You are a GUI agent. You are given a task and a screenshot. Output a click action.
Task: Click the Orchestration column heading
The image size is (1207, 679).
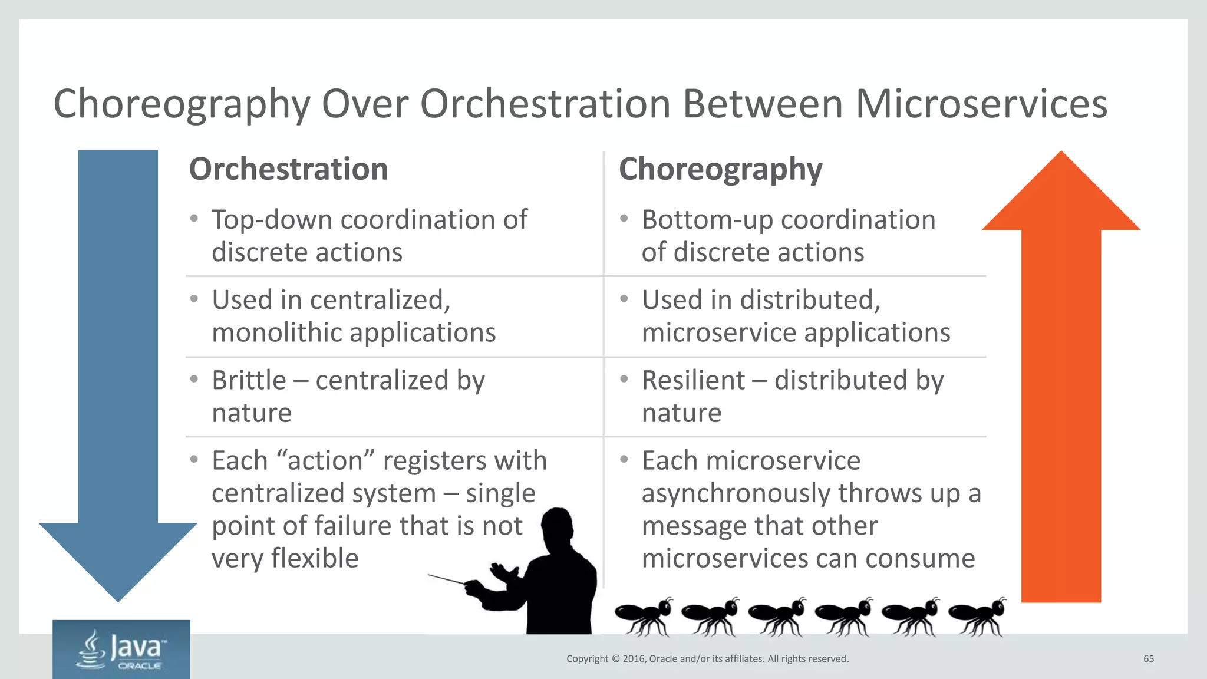tap(288, 169)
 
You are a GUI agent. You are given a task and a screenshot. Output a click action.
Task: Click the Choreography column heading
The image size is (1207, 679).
tap(720, 170)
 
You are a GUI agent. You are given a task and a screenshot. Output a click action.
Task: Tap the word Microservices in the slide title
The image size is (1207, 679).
tap(981, 104)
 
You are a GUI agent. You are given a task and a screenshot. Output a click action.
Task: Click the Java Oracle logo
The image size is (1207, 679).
tap(121, 650)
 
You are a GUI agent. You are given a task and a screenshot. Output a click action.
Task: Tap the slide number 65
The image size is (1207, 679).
tap(1148, 659)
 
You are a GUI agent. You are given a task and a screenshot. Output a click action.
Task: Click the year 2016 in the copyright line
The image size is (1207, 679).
tap(634, 659)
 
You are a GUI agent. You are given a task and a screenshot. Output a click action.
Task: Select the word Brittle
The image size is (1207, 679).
tap(249, 380)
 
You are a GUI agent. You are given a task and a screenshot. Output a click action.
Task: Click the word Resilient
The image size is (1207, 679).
tap(693, 380)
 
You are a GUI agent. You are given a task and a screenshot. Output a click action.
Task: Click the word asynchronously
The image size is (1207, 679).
tap(736, 493)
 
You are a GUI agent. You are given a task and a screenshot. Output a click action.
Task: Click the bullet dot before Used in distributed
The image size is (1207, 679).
tap(624, 299)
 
